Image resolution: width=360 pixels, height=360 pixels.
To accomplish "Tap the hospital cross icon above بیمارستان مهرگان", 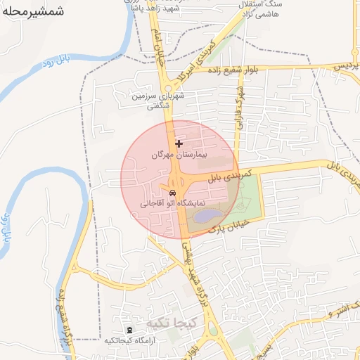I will click(179, 143).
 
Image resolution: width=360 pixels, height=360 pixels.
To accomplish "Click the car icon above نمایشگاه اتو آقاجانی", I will click(172, 193).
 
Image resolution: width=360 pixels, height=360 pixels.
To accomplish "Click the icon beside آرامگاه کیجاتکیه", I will click(129, 330).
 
